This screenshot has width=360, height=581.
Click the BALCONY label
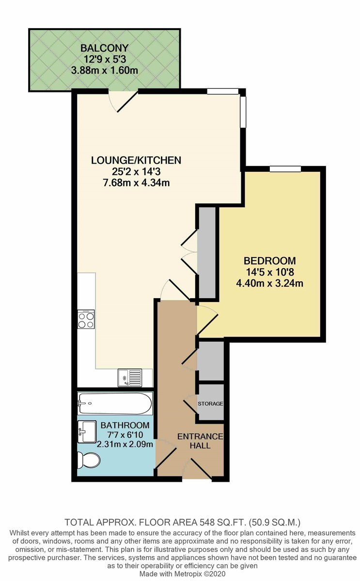point(105,48)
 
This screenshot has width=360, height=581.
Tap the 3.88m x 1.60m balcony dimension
point(105,70)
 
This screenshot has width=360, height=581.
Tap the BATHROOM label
point(125,426)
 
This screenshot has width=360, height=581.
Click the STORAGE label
point(210,403)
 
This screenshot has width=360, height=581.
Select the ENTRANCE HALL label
point(200,441)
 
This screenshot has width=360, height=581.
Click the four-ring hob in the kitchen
point(86,319)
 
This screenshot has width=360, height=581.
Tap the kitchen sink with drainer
point(129,377)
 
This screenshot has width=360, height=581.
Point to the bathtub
point(115,404)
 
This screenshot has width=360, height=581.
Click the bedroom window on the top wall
point(285,168)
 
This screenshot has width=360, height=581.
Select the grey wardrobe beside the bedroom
point(207,252)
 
